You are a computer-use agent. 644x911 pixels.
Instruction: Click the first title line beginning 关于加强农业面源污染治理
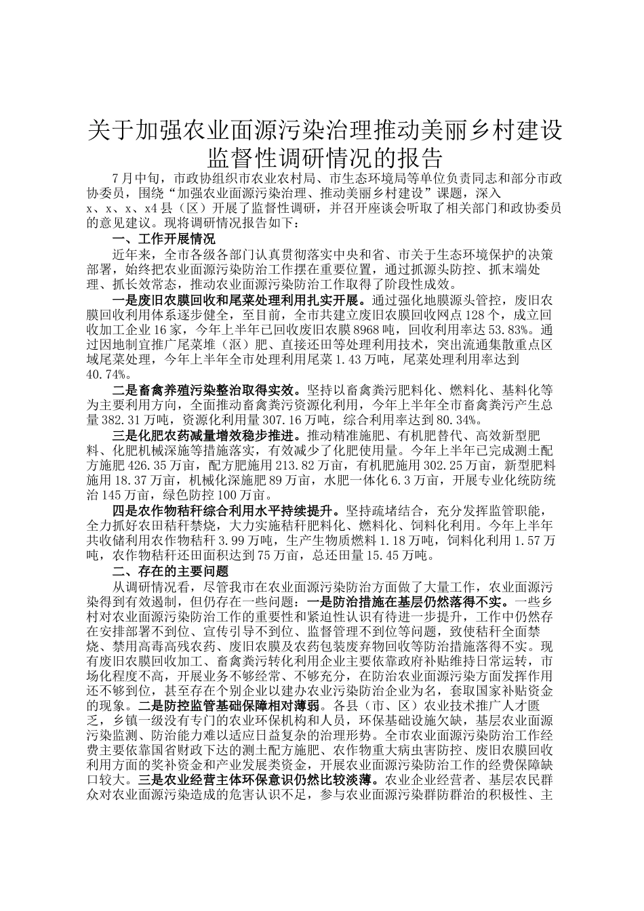[325, 131]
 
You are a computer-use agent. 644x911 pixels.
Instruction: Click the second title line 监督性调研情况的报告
[325, 158]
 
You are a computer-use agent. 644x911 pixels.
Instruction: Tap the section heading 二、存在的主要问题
[169, 571]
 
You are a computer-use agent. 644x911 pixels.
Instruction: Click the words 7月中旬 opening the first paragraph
[138, 178]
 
